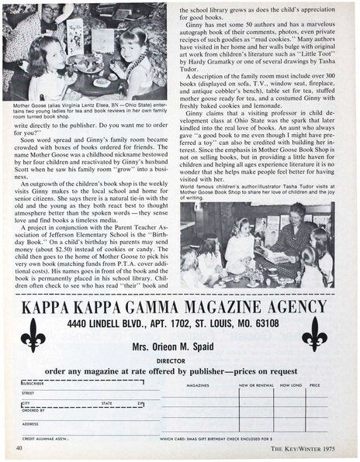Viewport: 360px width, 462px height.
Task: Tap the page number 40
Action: (18, 448)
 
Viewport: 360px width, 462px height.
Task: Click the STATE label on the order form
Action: (107, 403)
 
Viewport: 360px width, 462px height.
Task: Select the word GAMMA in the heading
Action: (151, 306)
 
